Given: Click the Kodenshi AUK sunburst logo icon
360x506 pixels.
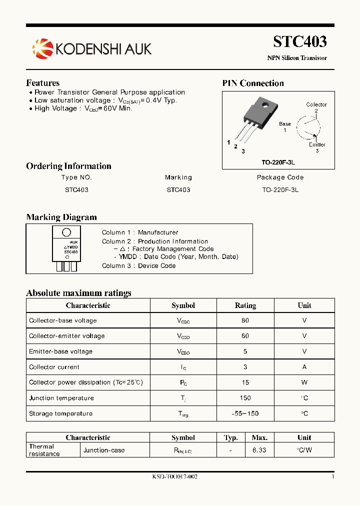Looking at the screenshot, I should coord(42,48).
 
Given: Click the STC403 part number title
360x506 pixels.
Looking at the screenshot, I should coord(300,41).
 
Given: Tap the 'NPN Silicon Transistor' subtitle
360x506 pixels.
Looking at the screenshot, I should coord(297,58).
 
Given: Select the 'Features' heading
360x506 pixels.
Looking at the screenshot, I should coord(42,83).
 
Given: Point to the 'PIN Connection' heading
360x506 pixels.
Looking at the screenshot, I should coord(253,83).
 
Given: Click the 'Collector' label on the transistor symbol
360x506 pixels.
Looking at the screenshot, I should coord(316,104).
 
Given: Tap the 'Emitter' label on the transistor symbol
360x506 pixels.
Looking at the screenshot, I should coord(317,145).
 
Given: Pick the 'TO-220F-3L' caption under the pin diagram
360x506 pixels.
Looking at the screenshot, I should coord(278,162).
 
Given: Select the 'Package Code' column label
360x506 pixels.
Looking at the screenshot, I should coord(280,177).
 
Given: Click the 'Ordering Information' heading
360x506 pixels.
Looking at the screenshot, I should coord(68,166).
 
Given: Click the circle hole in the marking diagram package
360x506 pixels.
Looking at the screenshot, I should coord(66,232).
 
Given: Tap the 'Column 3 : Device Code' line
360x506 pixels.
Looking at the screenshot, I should coord(138,266).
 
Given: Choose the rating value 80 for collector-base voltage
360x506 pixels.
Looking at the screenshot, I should coord(245,320).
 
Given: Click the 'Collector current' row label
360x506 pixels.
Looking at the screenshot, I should coord(54,367).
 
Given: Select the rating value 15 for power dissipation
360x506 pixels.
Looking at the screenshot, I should coord(245,382).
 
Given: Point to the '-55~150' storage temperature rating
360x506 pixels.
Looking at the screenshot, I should coord(245,413).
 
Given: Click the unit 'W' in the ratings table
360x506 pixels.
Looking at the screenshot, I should coord(304,382).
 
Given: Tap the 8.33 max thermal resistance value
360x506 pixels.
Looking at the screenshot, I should coord(259,450).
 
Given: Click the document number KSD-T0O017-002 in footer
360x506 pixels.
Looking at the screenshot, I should coord(174,477).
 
